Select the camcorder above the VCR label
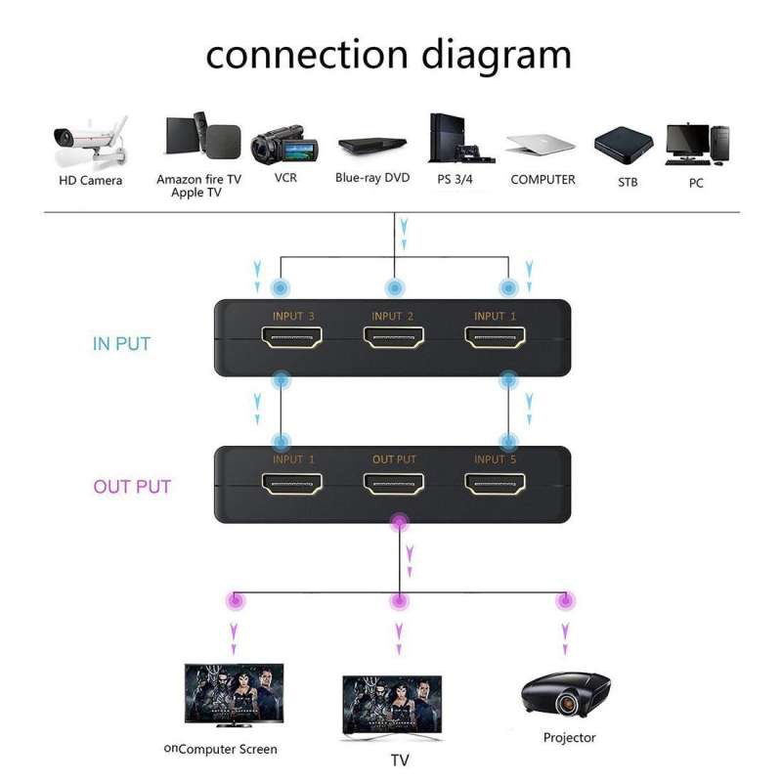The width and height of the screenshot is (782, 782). click(285, 147)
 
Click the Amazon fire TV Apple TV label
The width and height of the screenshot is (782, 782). click(198, 186)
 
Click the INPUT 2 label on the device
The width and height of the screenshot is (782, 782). click(393, 316)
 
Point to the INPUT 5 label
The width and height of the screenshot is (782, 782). click(496, 459)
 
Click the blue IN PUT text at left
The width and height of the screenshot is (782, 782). click(121, 344)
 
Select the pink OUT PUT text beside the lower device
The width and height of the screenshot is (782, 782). click(132, 487)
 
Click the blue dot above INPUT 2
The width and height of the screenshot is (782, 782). click(395, 288)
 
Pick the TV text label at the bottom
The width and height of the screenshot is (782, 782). click(399, 760)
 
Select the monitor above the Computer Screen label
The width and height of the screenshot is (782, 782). click(235, 693)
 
